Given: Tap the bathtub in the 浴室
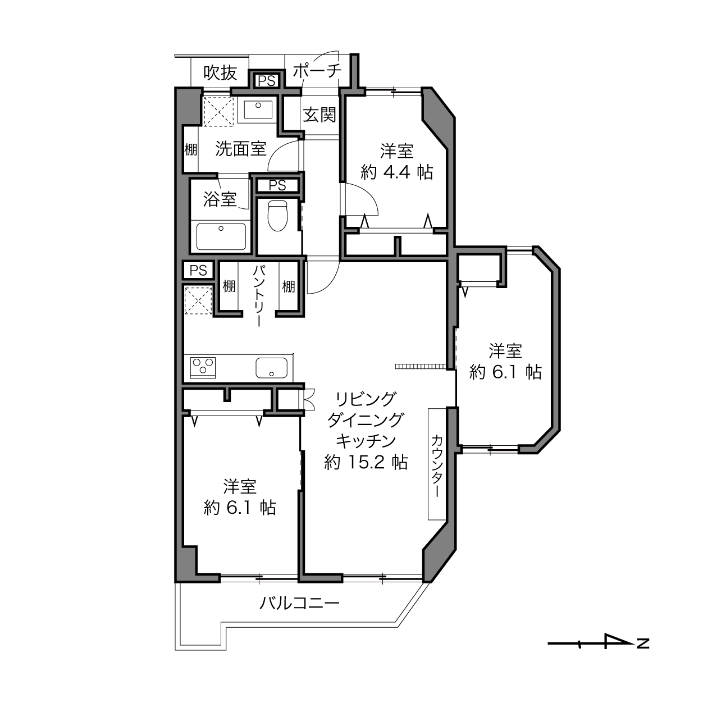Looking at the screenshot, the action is (221, 236).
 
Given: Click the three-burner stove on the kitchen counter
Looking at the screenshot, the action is (203, 368).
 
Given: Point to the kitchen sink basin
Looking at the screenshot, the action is (271, 368).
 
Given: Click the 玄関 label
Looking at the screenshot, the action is (319, 115).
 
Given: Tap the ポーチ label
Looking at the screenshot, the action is (317, 71).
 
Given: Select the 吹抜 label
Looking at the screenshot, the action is (220, 72).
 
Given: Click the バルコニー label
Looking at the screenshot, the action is (299, 603).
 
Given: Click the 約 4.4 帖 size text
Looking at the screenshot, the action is (397, 172).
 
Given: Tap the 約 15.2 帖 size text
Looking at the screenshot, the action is (366, 462).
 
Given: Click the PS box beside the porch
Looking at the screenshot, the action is (266, 81).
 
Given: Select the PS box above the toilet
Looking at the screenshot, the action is (277, 185).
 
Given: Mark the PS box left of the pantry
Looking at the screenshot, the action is (198, 270).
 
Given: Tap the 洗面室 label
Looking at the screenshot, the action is (241, 148).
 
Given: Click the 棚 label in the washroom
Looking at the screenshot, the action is (190, 149).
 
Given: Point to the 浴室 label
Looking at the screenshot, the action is (220, 199).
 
